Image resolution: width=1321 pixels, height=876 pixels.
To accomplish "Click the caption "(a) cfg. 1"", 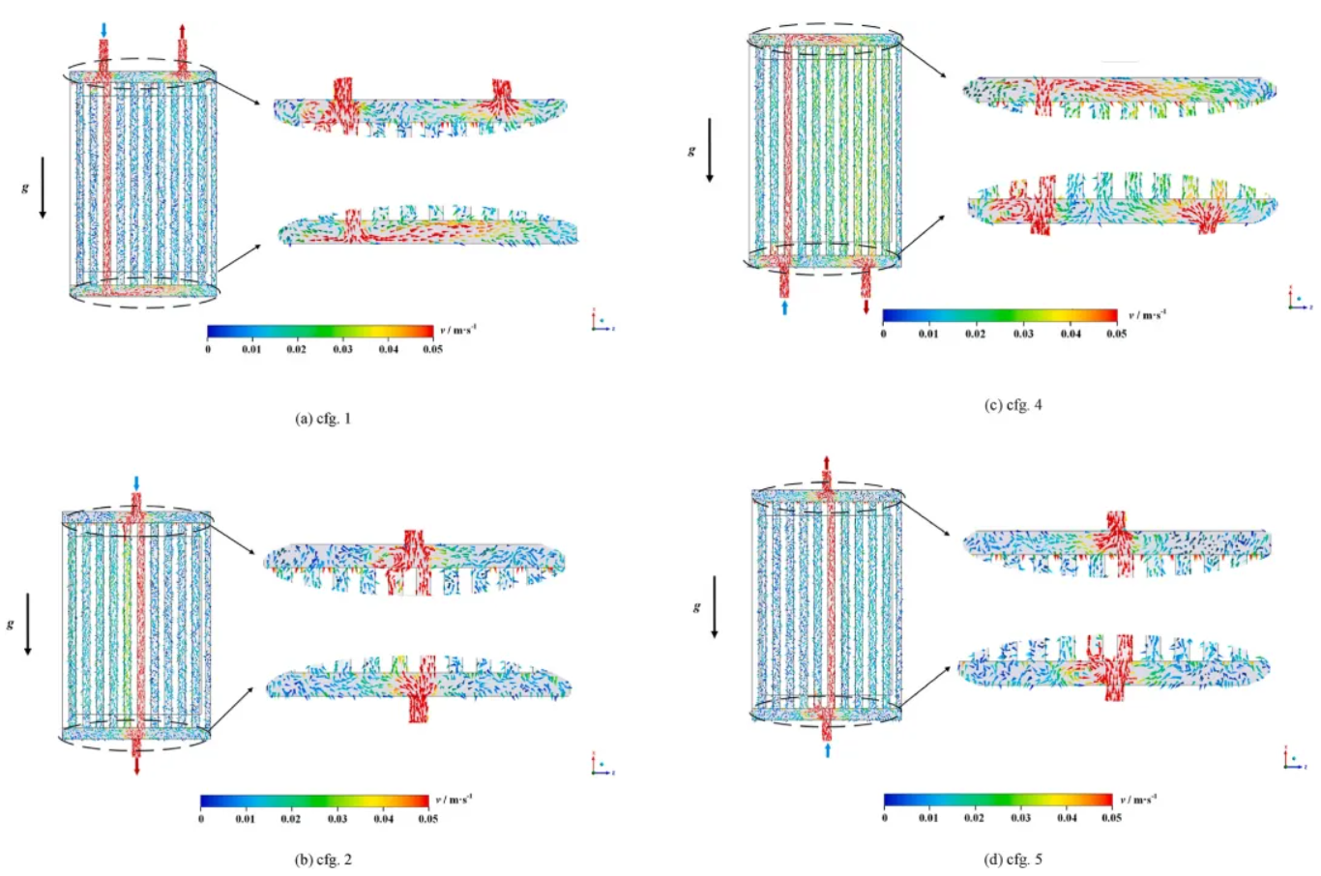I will point(323,419).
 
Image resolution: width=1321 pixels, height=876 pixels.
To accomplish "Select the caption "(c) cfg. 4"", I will point(1013,405).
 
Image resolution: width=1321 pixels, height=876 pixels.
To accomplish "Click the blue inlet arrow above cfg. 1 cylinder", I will point(104,30).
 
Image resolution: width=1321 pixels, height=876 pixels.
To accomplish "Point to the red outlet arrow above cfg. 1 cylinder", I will point(182,31).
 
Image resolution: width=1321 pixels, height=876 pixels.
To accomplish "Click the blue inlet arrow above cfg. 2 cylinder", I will point(136,482).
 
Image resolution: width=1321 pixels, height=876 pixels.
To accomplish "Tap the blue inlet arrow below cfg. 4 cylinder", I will point(784,307).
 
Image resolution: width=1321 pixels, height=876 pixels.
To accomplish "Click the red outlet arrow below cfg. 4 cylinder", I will point(866,307).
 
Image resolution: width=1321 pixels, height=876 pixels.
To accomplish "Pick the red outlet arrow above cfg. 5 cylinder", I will point(827,462).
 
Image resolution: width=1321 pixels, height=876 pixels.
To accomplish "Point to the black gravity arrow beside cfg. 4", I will point(709,150).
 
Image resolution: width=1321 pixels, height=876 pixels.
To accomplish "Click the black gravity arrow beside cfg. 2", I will point(27,625).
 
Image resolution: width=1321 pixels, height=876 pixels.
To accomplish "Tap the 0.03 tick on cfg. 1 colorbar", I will point(342,349).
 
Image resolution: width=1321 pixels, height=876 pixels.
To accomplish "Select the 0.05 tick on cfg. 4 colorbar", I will point(1116,334).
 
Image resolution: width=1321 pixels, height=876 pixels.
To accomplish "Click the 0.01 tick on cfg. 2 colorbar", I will point(245,819).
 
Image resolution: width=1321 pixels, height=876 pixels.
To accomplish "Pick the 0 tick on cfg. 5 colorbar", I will point(885,818).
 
